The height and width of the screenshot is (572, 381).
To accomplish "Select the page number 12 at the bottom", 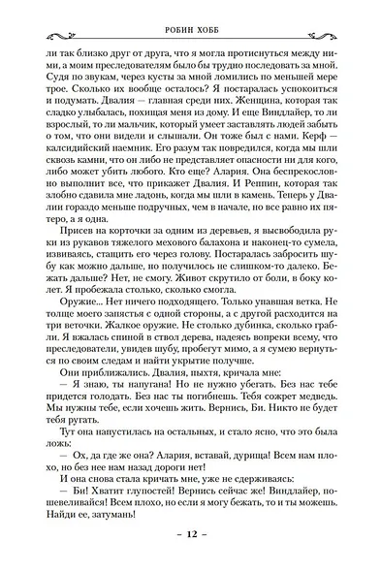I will pyautogui.click(x=191, y=550).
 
